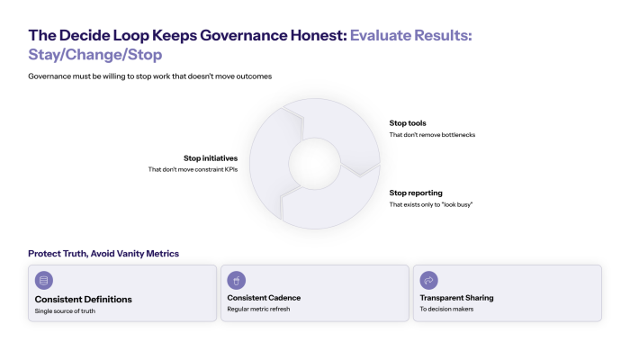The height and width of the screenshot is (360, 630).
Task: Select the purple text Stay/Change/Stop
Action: (x=94, y=54)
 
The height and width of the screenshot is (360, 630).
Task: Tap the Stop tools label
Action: (x=408, y=122)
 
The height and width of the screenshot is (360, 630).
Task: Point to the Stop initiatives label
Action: (x=211, y=157)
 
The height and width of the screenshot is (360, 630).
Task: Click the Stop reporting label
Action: (x=415, y=193)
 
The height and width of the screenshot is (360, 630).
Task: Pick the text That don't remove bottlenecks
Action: (x=432, y=134)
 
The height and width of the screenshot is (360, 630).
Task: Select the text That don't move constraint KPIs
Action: (x=193, y=169)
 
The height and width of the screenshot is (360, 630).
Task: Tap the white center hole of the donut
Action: (x=314, y=164)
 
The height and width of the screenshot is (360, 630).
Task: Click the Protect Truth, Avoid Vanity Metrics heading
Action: (x=103, y=254)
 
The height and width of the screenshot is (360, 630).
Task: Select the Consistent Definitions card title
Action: (x=84, y=299)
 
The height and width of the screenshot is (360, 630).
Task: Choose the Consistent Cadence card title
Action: (x=264, y=298)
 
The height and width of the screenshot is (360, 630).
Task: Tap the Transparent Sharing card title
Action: (x=456, y=298)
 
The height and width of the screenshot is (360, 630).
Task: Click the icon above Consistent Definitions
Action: (x=44, y=280)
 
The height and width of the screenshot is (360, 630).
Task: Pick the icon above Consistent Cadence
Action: (x=237, y=280)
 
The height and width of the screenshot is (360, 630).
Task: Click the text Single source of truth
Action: (x=65, y=311)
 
